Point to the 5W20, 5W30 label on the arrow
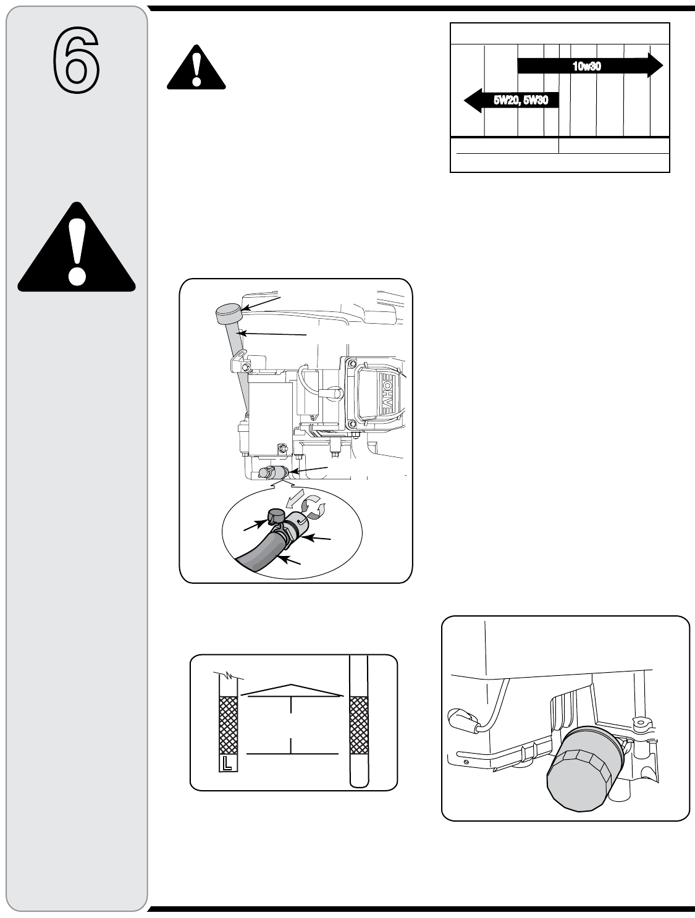click(x=521, y=100)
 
